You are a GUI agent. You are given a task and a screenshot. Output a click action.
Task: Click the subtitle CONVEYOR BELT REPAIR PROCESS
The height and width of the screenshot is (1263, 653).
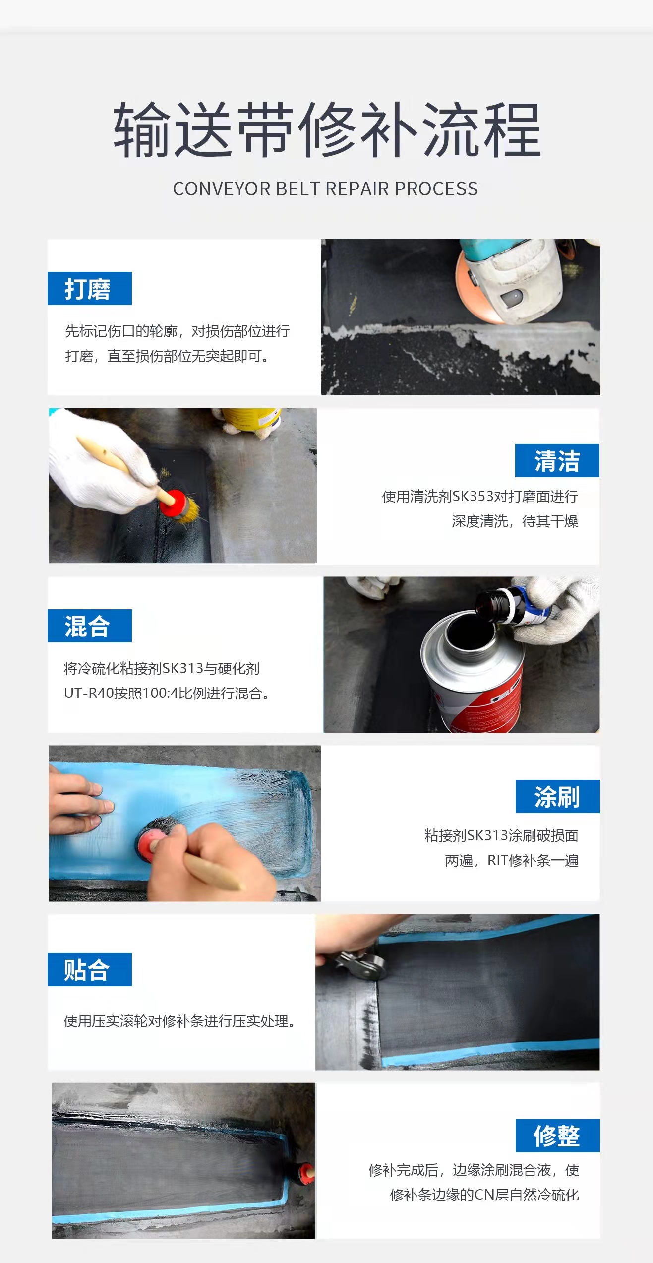325,189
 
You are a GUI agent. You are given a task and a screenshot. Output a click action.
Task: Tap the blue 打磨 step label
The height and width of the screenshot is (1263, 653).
90,288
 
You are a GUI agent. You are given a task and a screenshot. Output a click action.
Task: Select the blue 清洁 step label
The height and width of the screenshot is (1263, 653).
557,460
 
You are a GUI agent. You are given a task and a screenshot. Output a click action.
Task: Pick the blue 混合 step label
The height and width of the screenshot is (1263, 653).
90,626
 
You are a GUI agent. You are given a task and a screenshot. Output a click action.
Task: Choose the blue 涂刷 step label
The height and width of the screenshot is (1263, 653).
558,796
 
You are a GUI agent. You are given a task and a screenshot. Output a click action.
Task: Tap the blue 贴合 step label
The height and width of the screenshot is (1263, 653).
90,969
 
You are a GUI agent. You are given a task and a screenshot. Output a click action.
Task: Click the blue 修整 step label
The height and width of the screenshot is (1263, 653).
558,1136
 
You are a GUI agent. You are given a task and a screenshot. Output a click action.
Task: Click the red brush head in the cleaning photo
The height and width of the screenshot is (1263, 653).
174,503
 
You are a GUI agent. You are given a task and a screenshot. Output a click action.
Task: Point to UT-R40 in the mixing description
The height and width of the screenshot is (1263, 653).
89,693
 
